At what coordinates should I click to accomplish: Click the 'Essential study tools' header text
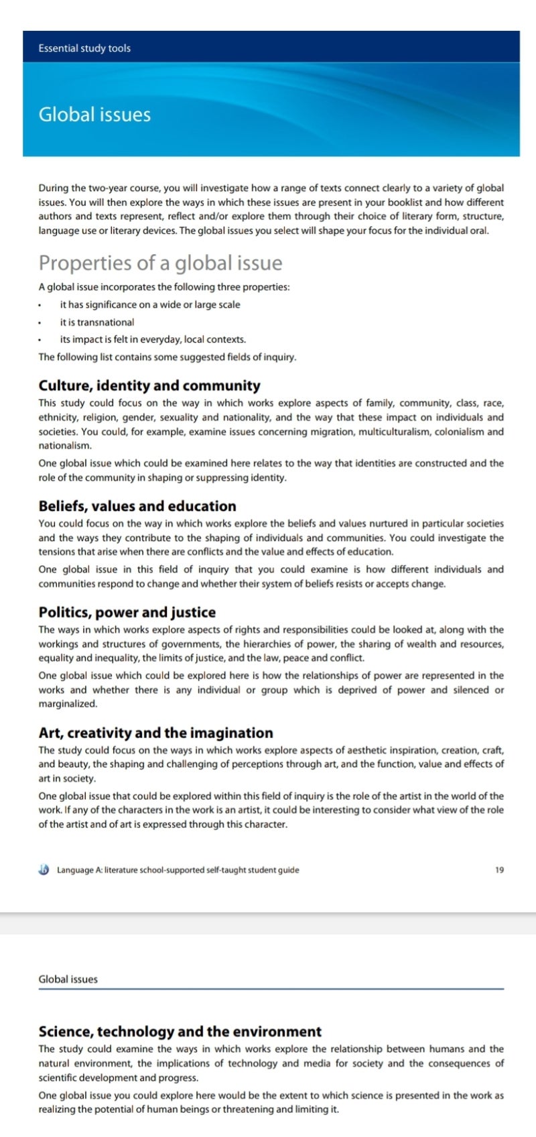(x=84, y=48)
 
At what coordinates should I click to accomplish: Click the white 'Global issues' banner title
(x=94, y=115)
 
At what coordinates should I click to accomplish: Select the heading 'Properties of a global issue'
(x=160, y=263)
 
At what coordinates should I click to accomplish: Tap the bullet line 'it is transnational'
(x=97, y=322)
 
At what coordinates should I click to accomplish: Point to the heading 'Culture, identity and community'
(x=149, y=385)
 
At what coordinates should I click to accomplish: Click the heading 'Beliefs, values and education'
(x=137, y=506)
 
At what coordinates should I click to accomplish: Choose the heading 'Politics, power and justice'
(x=127, y=612)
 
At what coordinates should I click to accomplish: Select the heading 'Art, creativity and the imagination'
(x=156, y=733)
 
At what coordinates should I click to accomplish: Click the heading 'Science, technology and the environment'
(x=180, y=1032)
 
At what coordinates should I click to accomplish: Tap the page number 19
(x=499, y=870)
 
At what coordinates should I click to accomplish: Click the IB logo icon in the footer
(x=44, y=870)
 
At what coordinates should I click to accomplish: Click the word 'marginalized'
(x=68, y=704)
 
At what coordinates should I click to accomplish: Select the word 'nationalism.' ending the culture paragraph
(x=65, y=446)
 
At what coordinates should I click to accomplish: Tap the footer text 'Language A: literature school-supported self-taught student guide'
(x=178, y=870)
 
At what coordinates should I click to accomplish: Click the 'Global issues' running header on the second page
(x=68, y=979)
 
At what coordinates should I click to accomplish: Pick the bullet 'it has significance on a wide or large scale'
(x=150, y=305)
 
